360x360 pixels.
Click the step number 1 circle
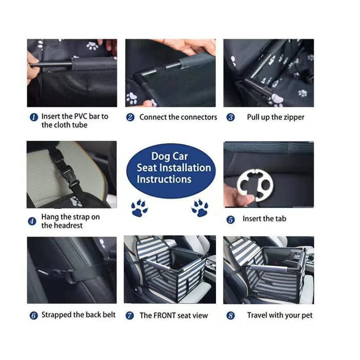point(34,117)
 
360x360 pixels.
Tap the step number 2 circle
point(130,117)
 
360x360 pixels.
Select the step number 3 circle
point(231,117)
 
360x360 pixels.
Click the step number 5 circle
point(231,220)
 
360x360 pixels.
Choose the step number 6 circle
point(33,316)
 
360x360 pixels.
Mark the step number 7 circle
point(130,316)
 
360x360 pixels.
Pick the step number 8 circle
point(231,316)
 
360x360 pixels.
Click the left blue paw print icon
point(139,207)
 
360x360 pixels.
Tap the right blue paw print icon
point(200,207)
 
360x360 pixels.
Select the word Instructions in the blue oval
point(164,179)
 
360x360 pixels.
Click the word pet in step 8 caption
point(307,315)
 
